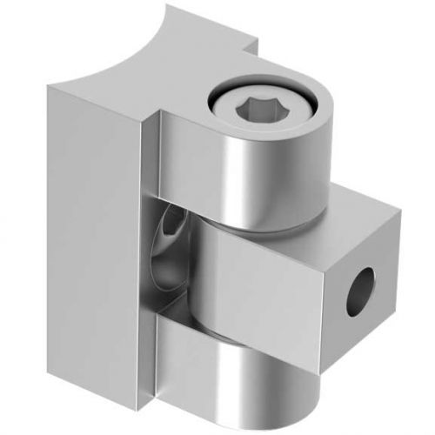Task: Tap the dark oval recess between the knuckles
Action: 171,252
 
